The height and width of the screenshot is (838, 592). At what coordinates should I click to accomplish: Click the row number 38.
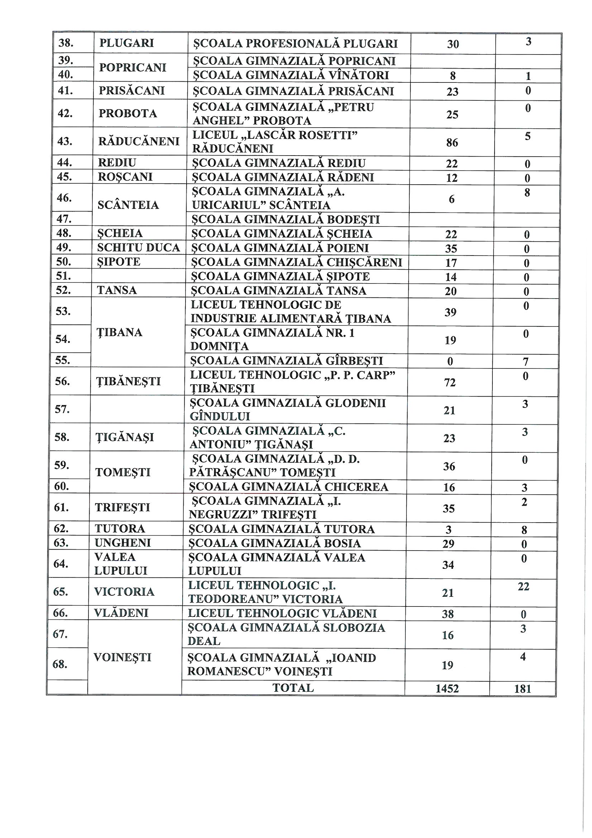click(66, 43)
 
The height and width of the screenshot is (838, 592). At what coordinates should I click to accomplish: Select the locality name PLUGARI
click(126, 43)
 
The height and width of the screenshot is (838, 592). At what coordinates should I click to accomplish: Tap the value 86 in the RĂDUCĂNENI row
click(452, 143)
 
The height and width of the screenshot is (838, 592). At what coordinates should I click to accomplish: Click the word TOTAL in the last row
click(293, 688)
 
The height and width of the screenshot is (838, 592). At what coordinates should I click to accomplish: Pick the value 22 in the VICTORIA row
click(524, 586)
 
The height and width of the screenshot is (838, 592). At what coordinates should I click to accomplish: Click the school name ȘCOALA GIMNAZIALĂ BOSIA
click(274, 543)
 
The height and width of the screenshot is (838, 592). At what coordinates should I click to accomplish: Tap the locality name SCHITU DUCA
click(139, 247)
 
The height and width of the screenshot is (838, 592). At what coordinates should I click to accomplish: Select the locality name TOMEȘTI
click(123, 472)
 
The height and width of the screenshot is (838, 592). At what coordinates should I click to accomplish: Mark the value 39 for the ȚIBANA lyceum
click(451, 313)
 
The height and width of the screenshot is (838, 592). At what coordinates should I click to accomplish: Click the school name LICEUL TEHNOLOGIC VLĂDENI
click(282, 614)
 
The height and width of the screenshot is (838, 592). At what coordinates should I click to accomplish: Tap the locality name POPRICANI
click(133, 67)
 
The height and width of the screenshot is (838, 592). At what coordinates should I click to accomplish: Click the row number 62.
click(61, 528)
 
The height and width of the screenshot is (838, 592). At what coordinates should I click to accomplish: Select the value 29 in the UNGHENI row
click(448, 544)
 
